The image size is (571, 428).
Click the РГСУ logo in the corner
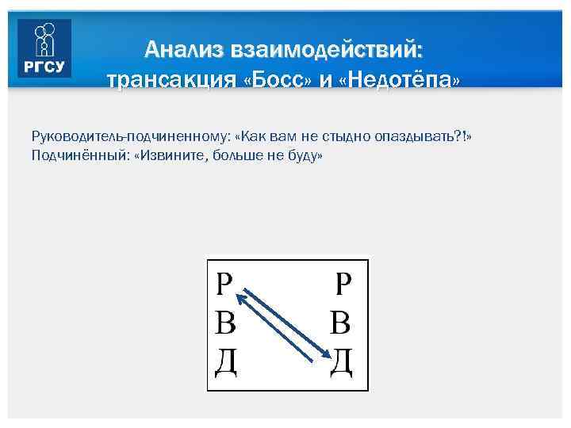44,48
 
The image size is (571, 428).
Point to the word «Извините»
171,156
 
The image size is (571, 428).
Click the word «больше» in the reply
236,156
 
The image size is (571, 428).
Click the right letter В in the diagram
341,323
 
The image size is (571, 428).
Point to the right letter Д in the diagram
341,364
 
